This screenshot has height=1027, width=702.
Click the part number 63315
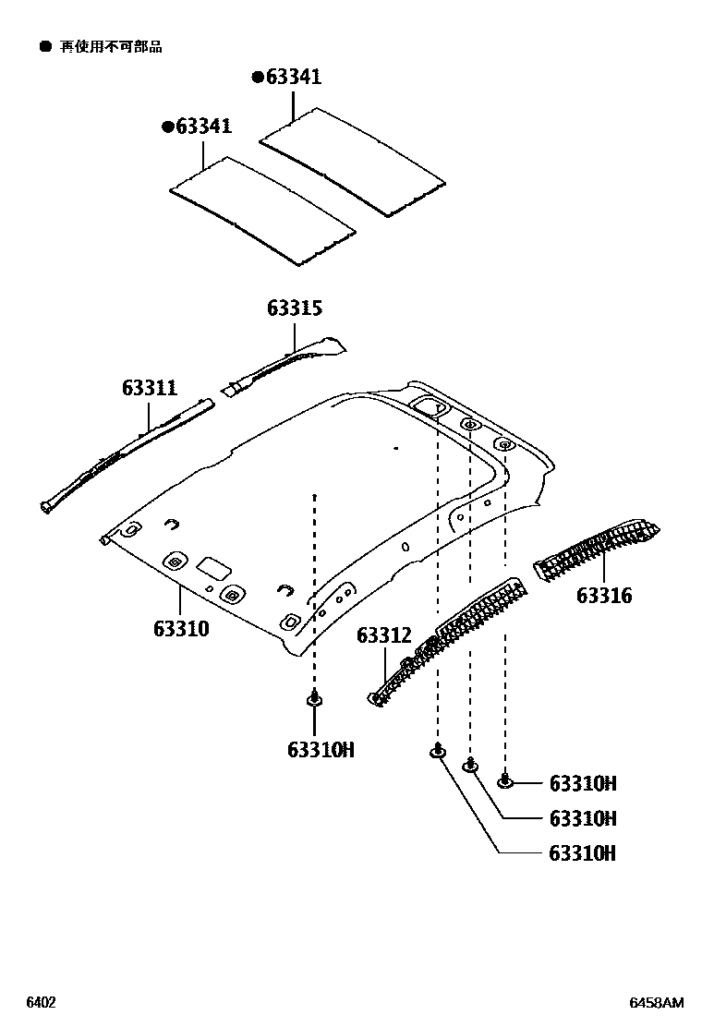pos(295,308)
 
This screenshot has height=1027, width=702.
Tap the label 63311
pos(149,389)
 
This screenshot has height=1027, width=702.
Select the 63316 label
pos(604,596)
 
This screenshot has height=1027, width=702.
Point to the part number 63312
pos(383,635)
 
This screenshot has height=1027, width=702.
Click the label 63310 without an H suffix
pos(181,630)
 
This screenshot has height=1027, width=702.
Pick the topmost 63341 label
pos(293,78)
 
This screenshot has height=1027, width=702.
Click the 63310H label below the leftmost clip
pos(321,750)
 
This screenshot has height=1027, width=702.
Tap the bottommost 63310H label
pos(582,853)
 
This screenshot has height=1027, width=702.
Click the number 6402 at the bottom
pos(41,1003)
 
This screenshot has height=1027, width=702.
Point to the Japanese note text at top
pos(111,47)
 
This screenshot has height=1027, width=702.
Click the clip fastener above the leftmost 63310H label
pos(315,699)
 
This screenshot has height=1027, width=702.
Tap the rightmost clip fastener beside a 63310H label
pos(505,782)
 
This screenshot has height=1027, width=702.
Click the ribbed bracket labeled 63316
pos(596,550)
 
